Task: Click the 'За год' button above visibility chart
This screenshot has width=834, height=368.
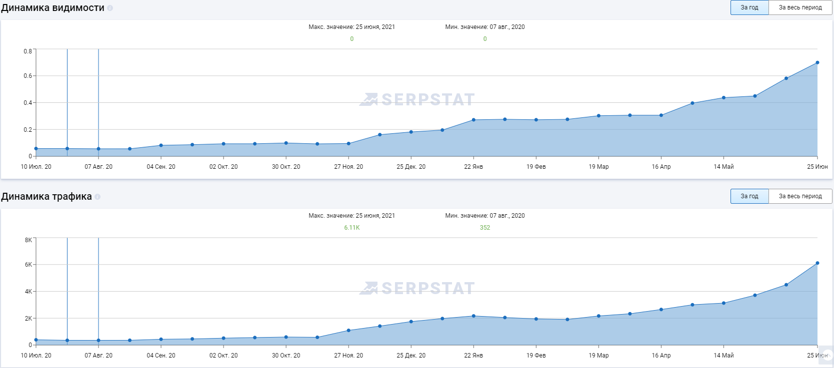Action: tap(749, 7)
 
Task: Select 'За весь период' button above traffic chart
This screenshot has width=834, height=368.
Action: tap(800, 196)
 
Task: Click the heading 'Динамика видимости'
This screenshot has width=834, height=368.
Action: tap(52, 8)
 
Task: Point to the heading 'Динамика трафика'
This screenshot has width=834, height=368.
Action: tap(46, 197)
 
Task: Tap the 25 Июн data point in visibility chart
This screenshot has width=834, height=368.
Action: tap(817, 63)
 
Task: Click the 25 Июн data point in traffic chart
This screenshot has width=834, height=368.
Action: tap(817, 263)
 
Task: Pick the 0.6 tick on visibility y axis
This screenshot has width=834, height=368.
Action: tap(27, 76)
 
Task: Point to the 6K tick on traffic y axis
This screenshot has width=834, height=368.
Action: tap(28, 265)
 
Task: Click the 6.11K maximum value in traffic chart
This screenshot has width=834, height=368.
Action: tap(351, 228)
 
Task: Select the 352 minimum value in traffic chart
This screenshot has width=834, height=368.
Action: tap(484, 228)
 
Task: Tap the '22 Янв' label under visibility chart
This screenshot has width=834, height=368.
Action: tap(473, 167)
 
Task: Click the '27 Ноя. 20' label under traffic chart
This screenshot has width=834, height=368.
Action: tap(348, 356)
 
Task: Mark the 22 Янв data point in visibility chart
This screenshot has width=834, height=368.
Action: tap(473, 120)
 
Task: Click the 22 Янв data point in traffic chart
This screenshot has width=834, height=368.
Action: tap(473, 316)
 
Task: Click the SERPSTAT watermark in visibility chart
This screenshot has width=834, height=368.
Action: tap(417, 100)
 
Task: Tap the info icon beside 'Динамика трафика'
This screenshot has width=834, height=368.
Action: tap(97, 197)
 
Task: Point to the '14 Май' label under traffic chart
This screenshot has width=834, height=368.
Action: tap(723, 356)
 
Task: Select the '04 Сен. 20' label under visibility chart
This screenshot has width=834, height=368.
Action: tap(161, 167)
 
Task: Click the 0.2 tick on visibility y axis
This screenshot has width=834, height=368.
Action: tap(27, 130)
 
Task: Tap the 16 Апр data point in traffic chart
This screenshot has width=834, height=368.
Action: tap(661, 310)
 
